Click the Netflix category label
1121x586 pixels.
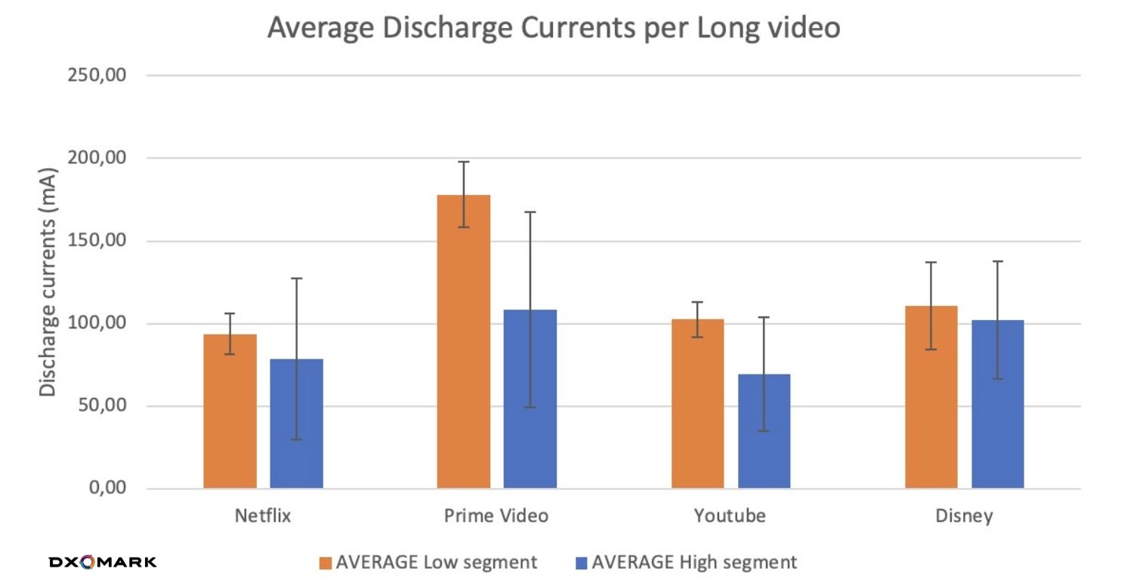[x=262, y=517]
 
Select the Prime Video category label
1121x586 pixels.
[x=496, y=517]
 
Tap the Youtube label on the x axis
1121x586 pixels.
[x=730, y=517]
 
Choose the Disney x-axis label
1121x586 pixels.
[x=964, y=517]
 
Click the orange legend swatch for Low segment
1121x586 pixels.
[x=326, y=563]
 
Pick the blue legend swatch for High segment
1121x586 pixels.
[x=582, y=563]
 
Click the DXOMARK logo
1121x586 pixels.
[x=103, y=562]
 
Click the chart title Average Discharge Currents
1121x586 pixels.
[x=554, y=29]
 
